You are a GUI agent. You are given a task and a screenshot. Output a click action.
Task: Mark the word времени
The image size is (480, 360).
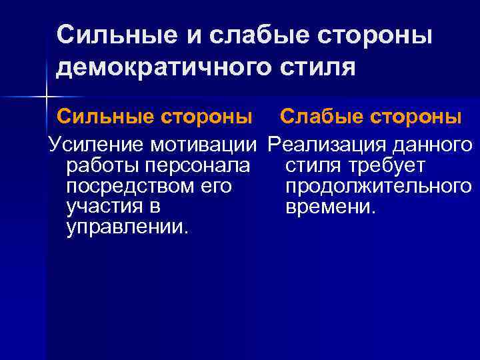(331, 207)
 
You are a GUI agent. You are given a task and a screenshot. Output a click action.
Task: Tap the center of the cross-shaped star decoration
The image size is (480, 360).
(46, 98)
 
